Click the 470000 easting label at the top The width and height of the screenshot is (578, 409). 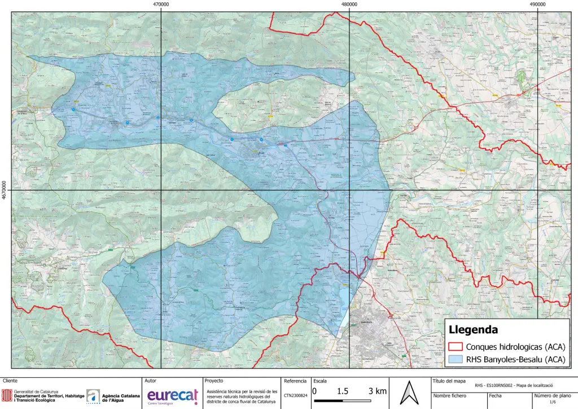click(x=161, y=4)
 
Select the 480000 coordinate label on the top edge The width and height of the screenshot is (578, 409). click(x=349, y=4)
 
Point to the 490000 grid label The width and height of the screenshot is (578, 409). click(x=537, y=4)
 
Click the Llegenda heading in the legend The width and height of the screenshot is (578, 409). click(x=473, y=329)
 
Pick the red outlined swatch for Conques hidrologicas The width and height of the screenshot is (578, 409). click(x=455, y=346)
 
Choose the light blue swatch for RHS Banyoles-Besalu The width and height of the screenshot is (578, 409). click(x=455, y=359)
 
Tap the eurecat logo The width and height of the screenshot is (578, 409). click(x=172, y=396)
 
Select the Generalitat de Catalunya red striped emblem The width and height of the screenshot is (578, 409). click(x=8, y=395)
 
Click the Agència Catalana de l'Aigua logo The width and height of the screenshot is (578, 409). click(x=94, y=396)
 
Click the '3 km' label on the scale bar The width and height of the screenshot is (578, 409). click(x=378, y=391)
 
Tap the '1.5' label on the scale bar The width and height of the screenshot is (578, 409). click(x=342, y=391)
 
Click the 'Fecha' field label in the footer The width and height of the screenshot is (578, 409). click(x=495, y=395)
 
